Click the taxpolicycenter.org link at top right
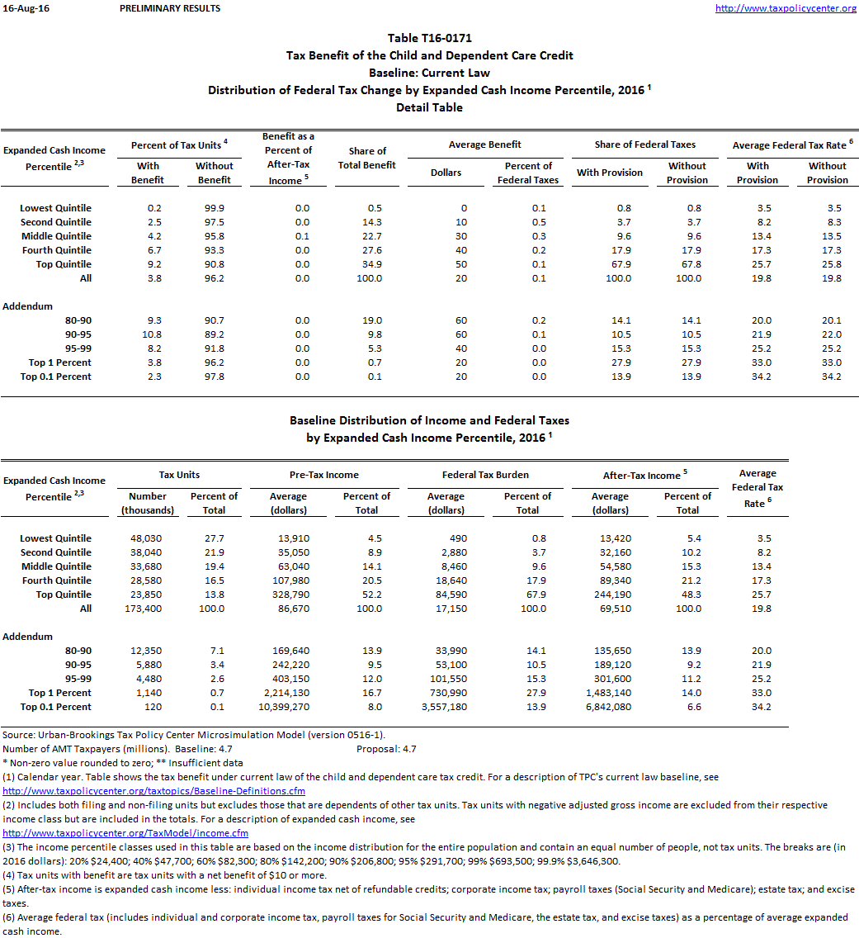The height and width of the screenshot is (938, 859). click(785, 8)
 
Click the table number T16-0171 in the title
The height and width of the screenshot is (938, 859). click(429, 38)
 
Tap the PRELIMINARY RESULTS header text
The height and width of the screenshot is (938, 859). click(170, 8)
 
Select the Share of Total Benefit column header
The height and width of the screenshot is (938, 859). click(367, 158)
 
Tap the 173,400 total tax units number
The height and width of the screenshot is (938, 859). click(144, 609)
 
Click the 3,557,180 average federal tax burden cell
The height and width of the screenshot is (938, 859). click(445, 707)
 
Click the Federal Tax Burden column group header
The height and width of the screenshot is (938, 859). click(484, 475)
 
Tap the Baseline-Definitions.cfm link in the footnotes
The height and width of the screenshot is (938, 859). click(154, 791)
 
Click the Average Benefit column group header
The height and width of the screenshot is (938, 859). click(484, 144)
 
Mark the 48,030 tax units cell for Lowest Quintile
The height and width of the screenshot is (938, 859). click(144, 538)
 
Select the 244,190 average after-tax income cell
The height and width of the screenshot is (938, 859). click(610, 595)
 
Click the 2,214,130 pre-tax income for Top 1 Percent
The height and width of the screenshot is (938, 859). click(288, 693)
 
